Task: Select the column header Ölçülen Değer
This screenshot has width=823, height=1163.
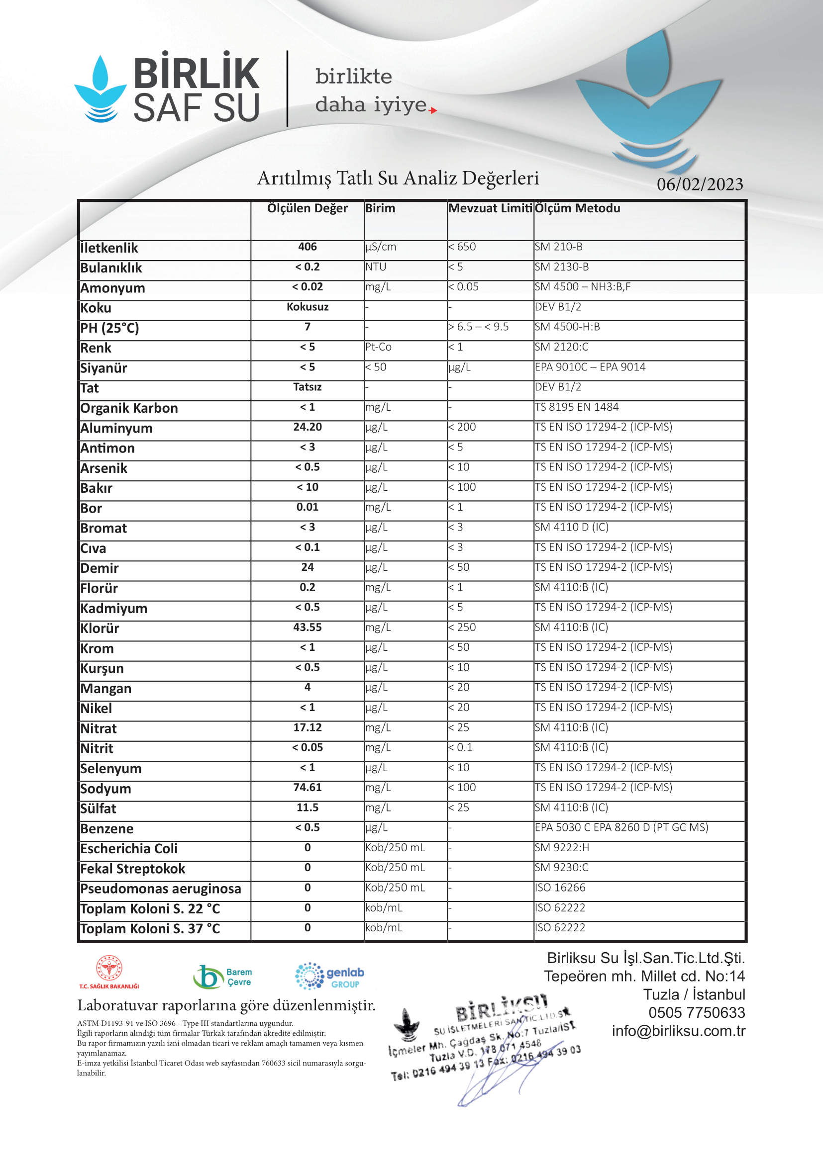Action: tap(307, 208)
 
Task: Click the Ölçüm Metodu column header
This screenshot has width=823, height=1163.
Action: tap(577, 208)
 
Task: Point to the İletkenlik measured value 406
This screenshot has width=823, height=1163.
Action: tap(307, 247)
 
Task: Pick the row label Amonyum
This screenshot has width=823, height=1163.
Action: tap(112, 288)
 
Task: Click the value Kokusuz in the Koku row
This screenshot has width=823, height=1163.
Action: tap(307, 307)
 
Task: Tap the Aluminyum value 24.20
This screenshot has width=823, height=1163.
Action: tap(307, 427)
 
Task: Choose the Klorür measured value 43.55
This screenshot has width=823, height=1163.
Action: tap(307, 627)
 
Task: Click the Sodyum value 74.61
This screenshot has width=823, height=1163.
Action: tap(307, 787)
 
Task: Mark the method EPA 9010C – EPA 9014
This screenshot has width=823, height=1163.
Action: tap(590, 367)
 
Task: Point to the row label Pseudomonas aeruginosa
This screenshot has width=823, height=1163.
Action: tap(161, 889)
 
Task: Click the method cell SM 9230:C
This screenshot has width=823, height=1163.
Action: tap(561, 868)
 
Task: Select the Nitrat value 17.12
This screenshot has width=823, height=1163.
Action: tap(307, 727)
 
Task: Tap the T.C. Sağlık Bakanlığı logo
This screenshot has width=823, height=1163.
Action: tap(109, 972)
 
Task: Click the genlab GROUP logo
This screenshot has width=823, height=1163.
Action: tap(329, 976)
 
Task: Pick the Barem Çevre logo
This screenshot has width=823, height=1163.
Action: tap(222, 977)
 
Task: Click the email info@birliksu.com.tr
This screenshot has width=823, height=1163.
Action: tap(678, 1031)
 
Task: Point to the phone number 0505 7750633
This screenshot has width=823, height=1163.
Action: tap(696, 1012)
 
